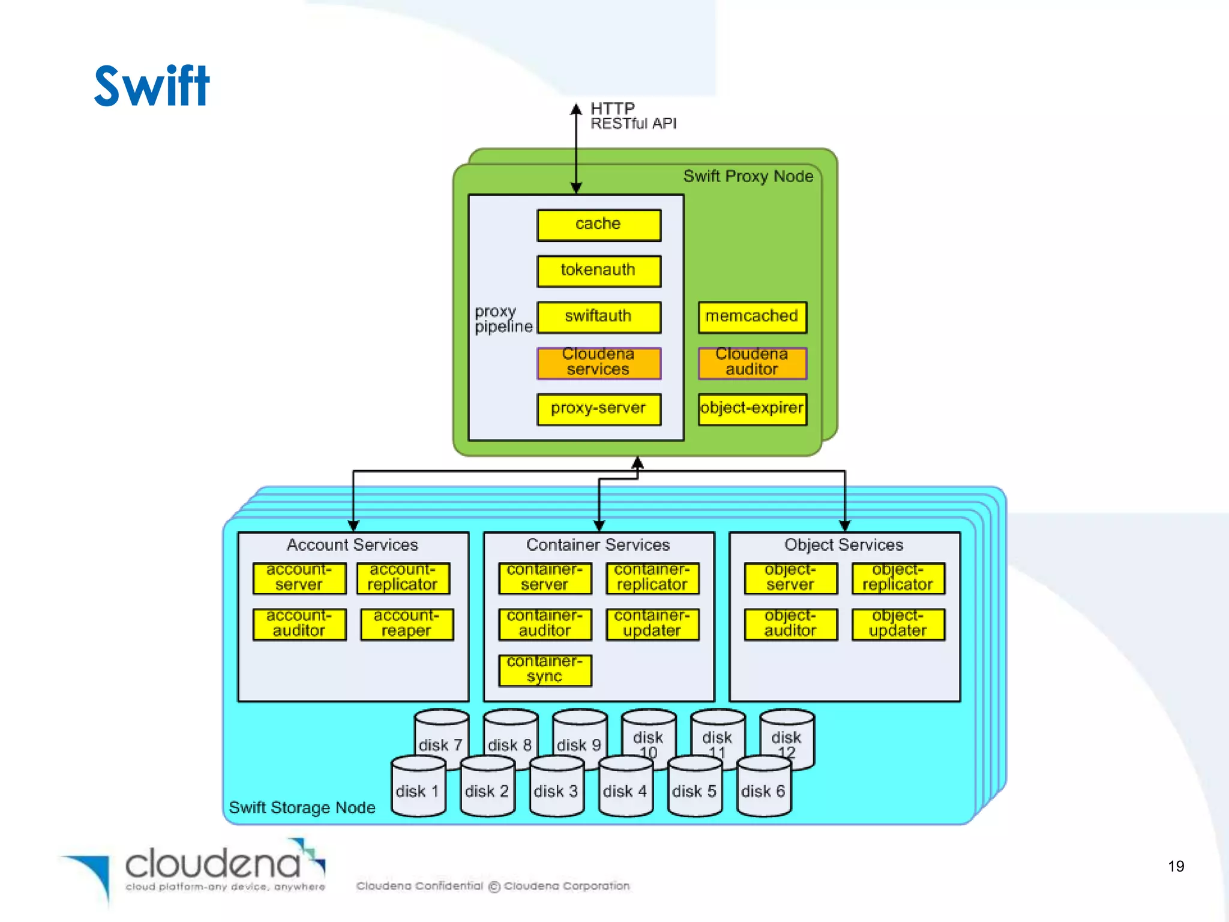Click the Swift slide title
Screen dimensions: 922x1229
pyautogui.click(x=152, y=86)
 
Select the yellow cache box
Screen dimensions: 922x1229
pyautogui.click(x=598, y=225)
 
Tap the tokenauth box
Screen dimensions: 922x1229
pyautogui.click(x=598, y=271)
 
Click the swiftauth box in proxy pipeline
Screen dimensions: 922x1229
pyautogui.click(x=598, y=317)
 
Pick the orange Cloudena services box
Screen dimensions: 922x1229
pyautogui.click(x=598, y=363)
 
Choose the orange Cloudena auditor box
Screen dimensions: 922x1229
pyautogui.click(x=752, y=363)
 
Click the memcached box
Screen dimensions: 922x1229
pyautogui.click(x=752, y=317)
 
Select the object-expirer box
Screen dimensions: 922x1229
pyautogui.click(x=752, y=409)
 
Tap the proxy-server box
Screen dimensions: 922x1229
pyautogui.click(x=598, y=409)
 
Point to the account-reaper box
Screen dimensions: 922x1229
pyautogui.click(x=406, y=624)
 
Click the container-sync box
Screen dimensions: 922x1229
pyautogui.click(x=544, y=670)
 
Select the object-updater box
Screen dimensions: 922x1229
pyautogui.click(x=898, y=624)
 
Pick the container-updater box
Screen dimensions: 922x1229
pyautogui.click(x=652, y=624)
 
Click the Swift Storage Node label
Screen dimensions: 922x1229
pyautogui.click(x=302, y=807)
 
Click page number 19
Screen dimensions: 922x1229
pyautogui.click(x=1176, y=866)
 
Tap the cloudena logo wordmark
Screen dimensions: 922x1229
pyautogui.click(x=213, y=864)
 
